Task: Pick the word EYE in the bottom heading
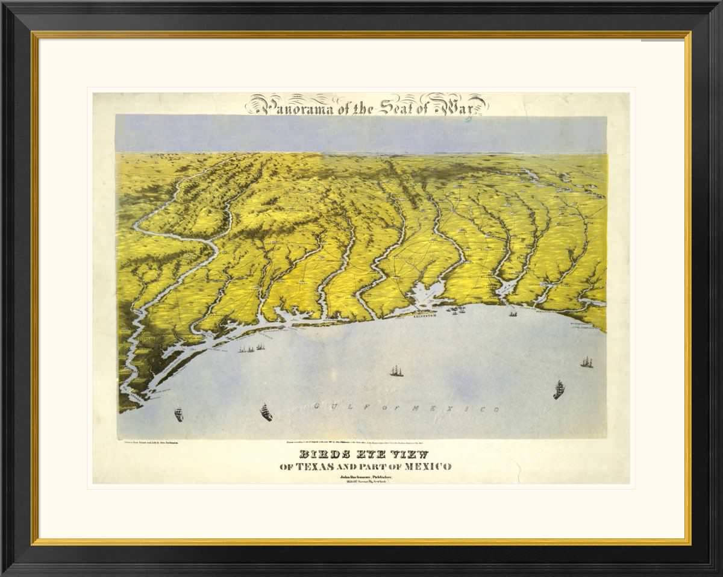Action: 368,455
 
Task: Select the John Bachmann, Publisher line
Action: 366,476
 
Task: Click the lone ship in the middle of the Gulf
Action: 396,370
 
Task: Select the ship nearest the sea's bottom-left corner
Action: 178,414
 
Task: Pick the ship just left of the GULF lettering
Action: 266,413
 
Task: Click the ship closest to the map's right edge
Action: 586,362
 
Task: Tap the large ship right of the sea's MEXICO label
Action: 559,390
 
